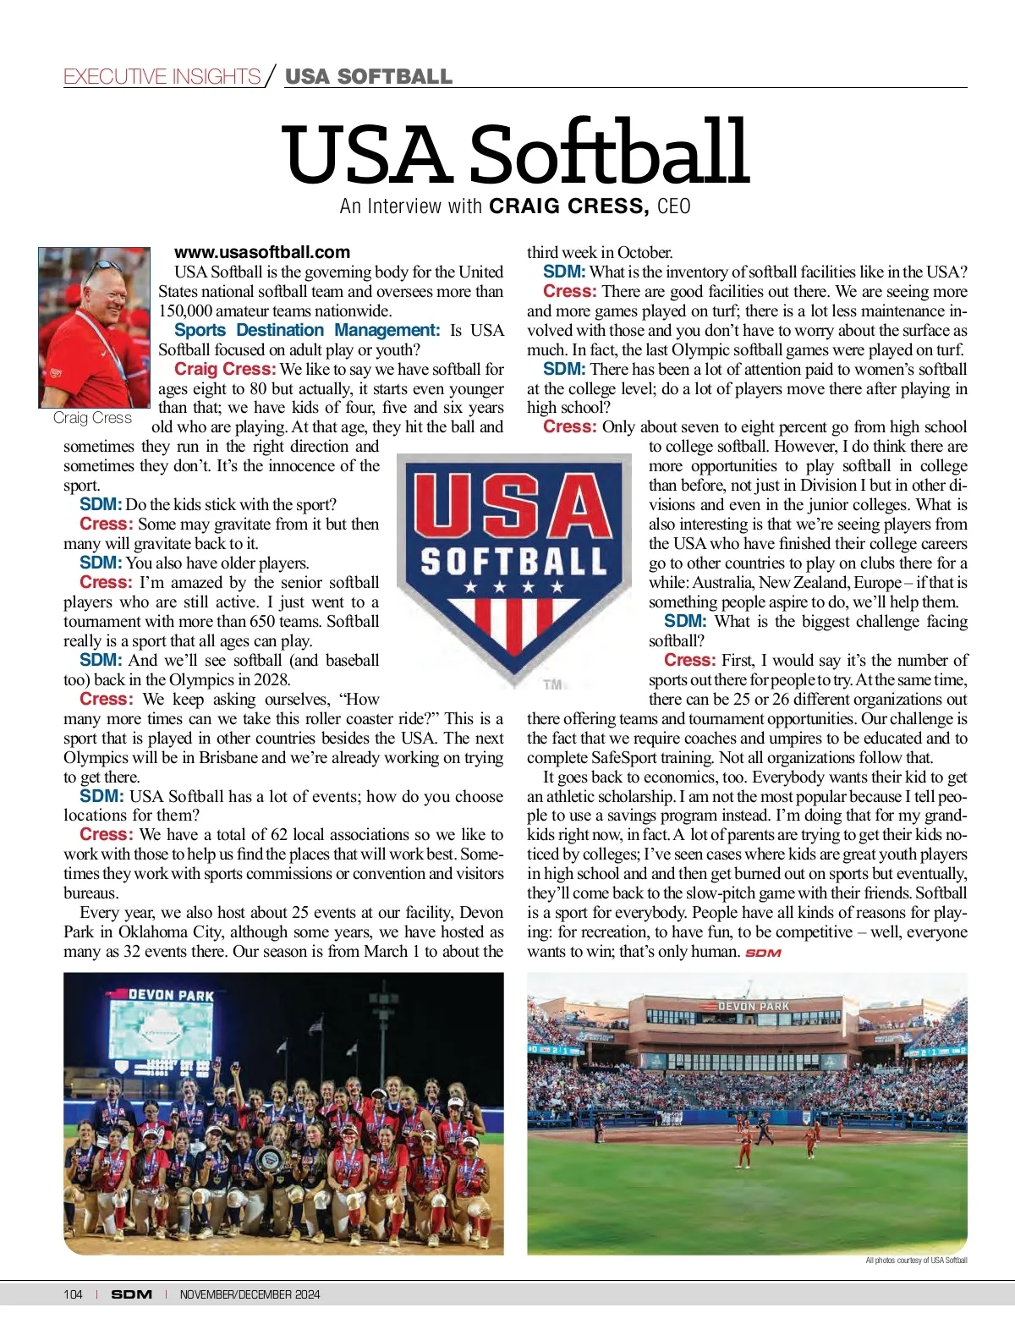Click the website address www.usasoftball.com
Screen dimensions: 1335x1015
(261, 252)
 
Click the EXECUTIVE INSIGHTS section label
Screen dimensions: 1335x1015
(162, 77)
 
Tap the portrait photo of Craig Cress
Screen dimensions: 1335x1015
(94, 327)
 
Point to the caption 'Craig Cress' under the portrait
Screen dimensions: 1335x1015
(92, 418)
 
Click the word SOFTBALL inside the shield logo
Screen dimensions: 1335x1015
(513, 561)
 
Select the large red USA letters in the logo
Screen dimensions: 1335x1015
(513, 507)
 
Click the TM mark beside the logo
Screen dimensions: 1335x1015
(552, 684)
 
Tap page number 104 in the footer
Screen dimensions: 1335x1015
(73, 1294)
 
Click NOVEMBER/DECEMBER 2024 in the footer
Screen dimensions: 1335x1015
(250, 1294)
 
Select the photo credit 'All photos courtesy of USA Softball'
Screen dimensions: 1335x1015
(916, 1261)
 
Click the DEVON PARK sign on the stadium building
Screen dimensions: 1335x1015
(753, 1007)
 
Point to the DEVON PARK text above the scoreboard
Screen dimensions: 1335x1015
(171, 996)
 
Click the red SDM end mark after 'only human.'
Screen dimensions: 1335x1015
(762, 953)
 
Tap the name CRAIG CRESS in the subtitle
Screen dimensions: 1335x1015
(568, 206)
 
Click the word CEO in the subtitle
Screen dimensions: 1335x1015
(673, 206)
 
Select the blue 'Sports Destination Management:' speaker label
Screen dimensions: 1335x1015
(307, 330)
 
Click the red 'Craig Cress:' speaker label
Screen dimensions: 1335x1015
(225, 369)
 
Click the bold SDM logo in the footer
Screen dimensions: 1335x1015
(132, 1294)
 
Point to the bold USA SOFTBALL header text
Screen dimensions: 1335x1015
(369, 77)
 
